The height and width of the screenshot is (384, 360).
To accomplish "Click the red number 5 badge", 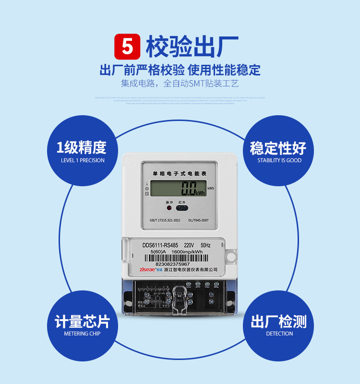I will (x=127, y=46).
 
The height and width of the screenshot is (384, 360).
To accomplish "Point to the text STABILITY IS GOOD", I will (x=279, y=160).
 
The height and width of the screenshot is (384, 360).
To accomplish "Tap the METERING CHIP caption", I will (x=82, y=334).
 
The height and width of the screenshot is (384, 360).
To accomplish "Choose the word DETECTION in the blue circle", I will (x=279, y=334).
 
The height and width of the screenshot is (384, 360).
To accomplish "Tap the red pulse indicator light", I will (x=168, y=208).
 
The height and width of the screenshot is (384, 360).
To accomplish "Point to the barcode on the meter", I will (x=176, y=258).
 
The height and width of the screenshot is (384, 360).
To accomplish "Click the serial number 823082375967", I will (x=173, y=264).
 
